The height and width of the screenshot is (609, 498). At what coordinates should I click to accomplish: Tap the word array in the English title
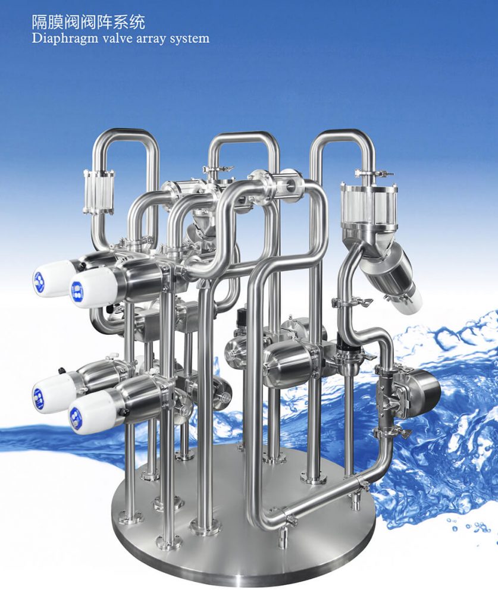click(x=149, y=39)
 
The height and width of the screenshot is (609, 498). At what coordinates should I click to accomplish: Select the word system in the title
click(x=189, y=39)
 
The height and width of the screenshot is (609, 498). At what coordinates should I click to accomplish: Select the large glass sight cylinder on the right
click(x=364, y=205)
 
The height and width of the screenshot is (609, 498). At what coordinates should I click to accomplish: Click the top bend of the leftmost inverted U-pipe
click(x=127, y=135)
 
